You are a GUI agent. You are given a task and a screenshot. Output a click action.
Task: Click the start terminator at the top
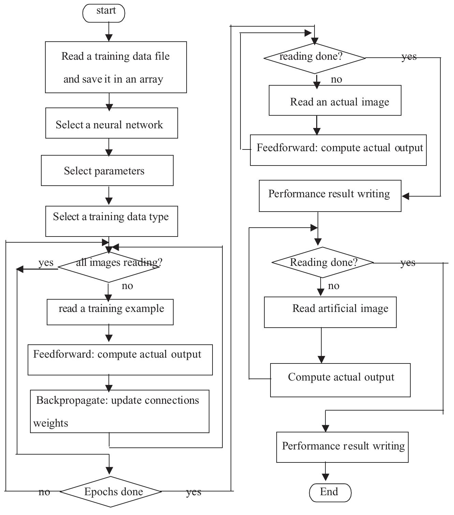(x=104, y=13)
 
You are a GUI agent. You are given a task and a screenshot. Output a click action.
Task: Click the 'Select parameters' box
(x=107, y=171)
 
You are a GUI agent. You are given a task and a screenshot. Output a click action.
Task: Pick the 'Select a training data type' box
(x=112, y=221)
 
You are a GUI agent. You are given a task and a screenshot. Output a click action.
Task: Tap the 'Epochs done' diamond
(x=111, y=491)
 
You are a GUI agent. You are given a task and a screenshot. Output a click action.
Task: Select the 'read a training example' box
(x=110, y=312)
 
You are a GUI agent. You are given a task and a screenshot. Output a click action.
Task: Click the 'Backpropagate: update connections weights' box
(x=119, y=411)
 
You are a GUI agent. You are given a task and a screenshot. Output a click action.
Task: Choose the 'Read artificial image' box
(x=330, y=312)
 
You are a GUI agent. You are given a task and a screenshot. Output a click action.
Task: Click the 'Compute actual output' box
(x=340, y=380)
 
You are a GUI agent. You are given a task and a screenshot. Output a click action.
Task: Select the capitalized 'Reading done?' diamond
(x=322, y=262)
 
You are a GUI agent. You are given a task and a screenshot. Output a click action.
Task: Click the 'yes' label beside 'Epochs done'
(x=193, y=492)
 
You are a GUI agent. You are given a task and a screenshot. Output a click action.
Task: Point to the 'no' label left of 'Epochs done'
(x=44, y=492)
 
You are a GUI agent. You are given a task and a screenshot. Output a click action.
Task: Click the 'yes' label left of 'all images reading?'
(x=46, y=263)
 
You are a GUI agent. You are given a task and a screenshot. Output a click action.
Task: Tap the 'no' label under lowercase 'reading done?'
(x=336, y=80)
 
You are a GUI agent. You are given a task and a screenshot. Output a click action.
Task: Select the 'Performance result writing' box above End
(x=342, y=447)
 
